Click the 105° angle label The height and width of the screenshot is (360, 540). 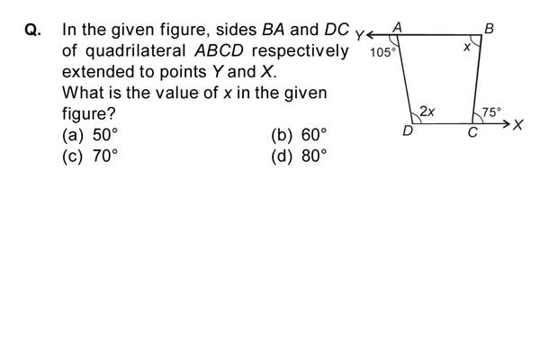[382, 53]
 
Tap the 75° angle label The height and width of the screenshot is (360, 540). [491, 112]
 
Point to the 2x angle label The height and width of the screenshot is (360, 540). [427, 112]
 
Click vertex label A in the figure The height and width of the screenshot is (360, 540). [398, 27]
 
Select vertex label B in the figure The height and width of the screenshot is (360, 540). [489, 29]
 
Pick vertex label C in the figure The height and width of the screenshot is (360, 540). [472, 132]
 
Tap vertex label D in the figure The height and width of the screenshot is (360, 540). [408, 130]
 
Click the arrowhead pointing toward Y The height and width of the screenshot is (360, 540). [370, 35]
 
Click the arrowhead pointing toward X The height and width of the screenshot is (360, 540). [507, 123]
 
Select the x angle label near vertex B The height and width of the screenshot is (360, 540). [467, 47]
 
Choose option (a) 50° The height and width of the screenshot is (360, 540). [90, 135]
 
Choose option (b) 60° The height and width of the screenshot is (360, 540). [299, 135]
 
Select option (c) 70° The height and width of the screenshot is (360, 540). [90, 156]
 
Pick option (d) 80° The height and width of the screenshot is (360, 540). [299, 156]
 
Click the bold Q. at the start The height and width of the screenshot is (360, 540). [33, 30]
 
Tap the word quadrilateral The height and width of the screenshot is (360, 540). [135, 51]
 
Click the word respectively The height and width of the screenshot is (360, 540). [300, 51]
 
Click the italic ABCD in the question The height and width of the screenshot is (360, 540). [219, 51]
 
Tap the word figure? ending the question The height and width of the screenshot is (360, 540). [88, 114]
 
